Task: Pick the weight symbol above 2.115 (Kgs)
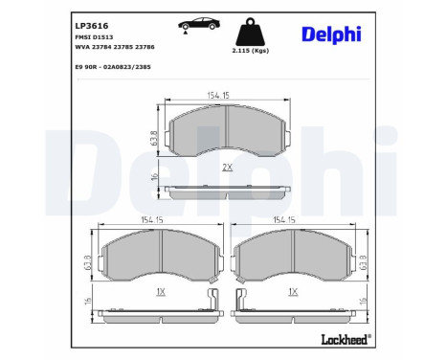(x=247, y=26)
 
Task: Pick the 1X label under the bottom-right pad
(x=295, y=290)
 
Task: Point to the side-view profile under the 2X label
(x=227, y=190)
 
